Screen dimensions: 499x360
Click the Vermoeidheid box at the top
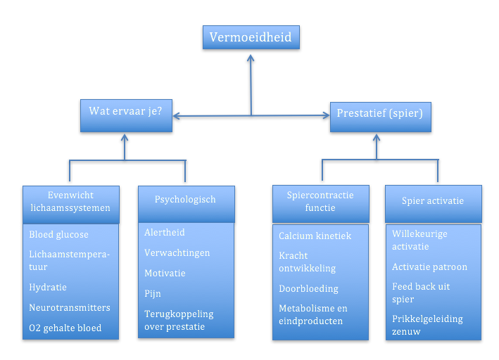pos(251,37)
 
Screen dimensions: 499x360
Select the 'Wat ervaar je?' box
pos(127,115)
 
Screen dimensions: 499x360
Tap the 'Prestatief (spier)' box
pos(381,117)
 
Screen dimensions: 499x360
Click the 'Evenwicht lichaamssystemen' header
pos(71,205)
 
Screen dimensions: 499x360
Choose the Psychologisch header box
pos(187,204)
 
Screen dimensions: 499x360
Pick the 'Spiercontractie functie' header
pos(321,204)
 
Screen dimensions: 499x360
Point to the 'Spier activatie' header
pos(434,204)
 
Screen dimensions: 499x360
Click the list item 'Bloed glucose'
pos(59,235)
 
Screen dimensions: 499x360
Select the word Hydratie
pos(48,288)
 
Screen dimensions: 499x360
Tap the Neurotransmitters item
pos(70,307)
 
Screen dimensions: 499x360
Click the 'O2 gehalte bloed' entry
pos(65,328)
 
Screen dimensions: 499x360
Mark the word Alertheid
pos(165,233)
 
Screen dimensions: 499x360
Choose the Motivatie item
pos(165,274)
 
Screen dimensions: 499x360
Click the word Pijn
pos(153,293)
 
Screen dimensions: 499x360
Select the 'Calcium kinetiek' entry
pos(315,236)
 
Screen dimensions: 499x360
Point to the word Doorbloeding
pos(309,289)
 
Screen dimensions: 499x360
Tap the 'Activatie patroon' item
pos(429,266)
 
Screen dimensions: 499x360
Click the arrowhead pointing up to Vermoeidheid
pos(251,58)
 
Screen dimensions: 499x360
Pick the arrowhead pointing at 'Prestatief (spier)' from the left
pos(326,115)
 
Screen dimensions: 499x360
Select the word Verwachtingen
pos(177,253)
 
